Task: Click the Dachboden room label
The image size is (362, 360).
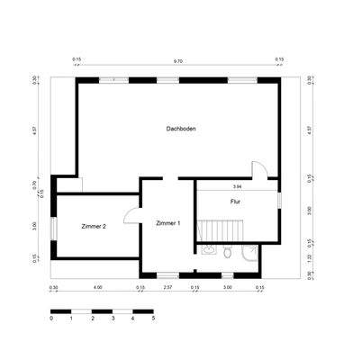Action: pyautogui.click(x=181, y=129)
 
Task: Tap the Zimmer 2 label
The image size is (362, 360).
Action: pyautogui.click(x=94, y=226)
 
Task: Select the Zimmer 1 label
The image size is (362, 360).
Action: pyautogui.click(x=167, y=222)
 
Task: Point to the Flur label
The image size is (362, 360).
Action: pyautogui.click(x=235, y=202)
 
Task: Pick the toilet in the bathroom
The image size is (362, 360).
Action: pyautogui.click(x=229, y=254)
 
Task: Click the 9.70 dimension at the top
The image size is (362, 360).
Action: pyautogui.click(x=177, y=61)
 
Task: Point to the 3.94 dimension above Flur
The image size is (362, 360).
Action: pyautogui.click(x=237, y=186)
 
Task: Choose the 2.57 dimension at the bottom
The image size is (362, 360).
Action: pyautogui.click(x=167, y=287)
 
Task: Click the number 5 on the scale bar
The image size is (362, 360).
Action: pyautogui.click(x=153, y=319)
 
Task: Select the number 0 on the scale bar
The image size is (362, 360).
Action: pyautogui.click(x=51, y=319)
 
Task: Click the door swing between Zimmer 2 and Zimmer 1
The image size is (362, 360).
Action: pyautogui.click(x=131, y=215)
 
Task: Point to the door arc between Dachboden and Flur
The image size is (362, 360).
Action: pyautogui.click(x=258, y=171)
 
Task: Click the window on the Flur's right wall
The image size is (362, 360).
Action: pyautogui.click(x=279, y=200)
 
